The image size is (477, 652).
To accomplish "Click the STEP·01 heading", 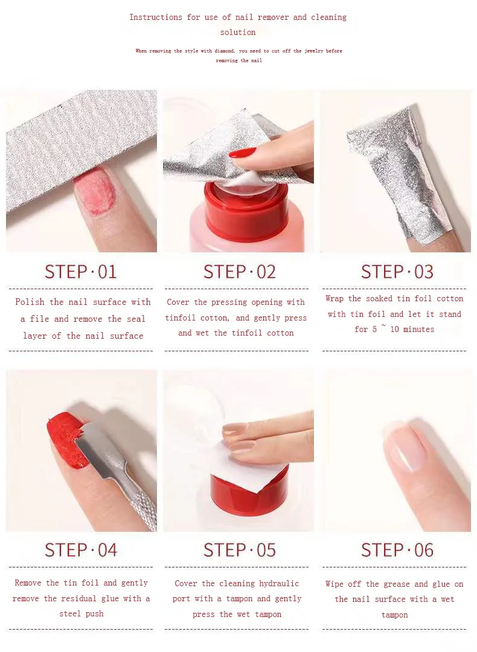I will [81, 272].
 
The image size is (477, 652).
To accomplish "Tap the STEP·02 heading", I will [239, 272].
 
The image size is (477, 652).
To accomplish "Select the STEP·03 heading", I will [397, 272].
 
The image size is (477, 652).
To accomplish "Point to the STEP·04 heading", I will [81, 550].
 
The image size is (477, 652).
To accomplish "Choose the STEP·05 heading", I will [239, 550].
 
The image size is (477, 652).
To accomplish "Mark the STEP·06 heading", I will [397, 550].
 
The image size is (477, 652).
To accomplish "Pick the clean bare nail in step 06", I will [403, 447].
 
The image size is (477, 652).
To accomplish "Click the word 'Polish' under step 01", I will [30, 302].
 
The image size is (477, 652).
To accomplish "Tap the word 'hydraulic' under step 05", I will [279, 583].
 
